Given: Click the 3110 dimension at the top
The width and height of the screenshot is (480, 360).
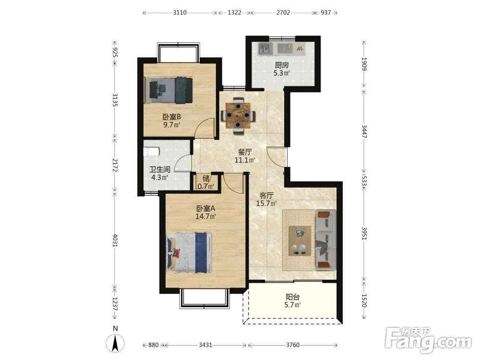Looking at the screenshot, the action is coord(180,12).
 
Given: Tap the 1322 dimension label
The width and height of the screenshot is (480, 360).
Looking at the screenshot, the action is coord(235,12).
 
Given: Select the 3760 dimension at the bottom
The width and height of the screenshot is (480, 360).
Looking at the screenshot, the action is coord(293,345).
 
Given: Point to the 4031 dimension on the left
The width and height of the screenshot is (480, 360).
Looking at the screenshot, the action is coord(115,240).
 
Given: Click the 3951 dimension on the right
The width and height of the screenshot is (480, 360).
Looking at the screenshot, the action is coord(364,233).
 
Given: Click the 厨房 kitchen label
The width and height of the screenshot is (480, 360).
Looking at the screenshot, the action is coord(282,65).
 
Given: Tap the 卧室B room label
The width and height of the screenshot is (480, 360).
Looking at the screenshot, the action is coord(171,117).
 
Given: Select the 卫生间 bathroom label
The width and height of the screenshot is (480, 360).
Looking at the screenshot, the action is coord(160,169).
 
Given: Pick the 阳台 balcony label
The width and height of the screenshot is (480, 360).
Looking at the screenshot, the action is coord(293,297).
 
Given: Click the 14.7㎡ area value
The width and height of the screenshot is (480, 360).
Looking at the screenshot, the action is coord(206,216).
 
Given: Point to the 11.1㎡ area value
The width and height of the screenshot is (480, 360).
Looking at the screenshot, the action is coord(245,160).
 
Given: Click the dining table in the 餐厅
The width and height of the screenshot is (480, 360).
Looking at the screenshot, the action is coord(238,116).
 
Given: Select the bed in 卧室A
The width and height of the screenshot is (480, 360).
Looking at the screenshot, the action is coord(189,252).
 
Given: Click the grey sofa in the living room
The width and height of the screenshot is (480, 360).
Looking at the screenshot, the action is coord(326,240).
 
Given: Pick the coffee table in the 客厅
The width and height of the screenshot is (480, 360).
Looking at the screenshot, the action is coord(300,240).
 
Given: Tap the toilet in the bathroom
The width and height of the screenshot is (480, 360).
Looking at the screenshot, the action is coord(152,152).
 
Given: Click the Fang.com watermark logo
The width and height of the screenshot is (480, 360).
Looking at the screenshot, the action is coord(428,340).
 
